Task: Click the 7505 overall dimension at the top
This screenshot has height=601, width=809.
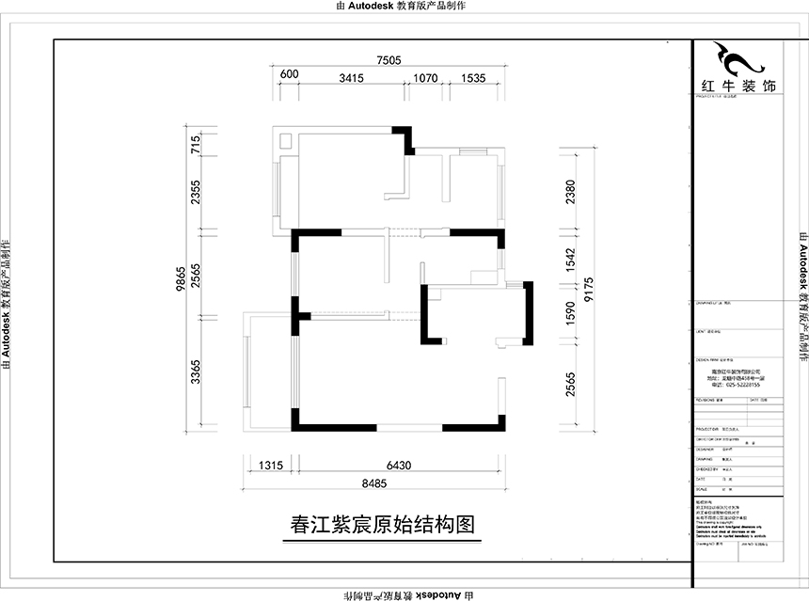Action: click(389, 60)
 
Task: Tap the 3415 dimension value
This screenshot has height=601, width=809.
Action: click(351, 78)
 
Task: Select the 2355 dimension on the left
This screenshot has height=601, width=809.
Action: click(196, 194)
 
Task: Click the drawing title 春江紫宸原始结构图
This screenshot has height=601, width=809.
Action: click(382, 525)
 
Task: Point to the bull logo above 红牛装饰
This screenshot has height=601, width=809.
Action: click(738, 60)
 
